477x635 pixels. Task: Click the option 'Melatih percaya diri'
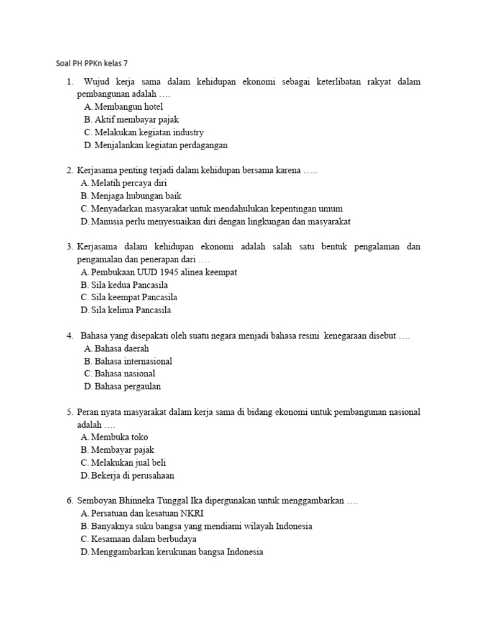pos(129,184)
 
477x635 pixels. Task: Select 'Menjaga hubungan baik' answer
pos(134,196)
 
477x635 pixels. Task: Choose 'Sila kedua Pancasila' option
pos(129,285)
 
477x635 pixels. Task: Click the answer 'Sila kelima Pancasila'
pos(130,310)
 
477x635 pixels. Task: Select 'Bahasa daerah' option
pos(122,349)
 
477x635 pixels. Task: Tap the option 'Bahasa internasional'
pos(133,362)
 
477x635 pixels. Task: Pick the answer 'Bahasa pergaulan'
pos(127,387)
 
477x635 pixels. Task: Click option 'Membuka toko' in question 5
pos(119,437)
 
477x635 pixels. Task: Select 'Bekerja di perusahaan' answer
pos(132,476)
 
